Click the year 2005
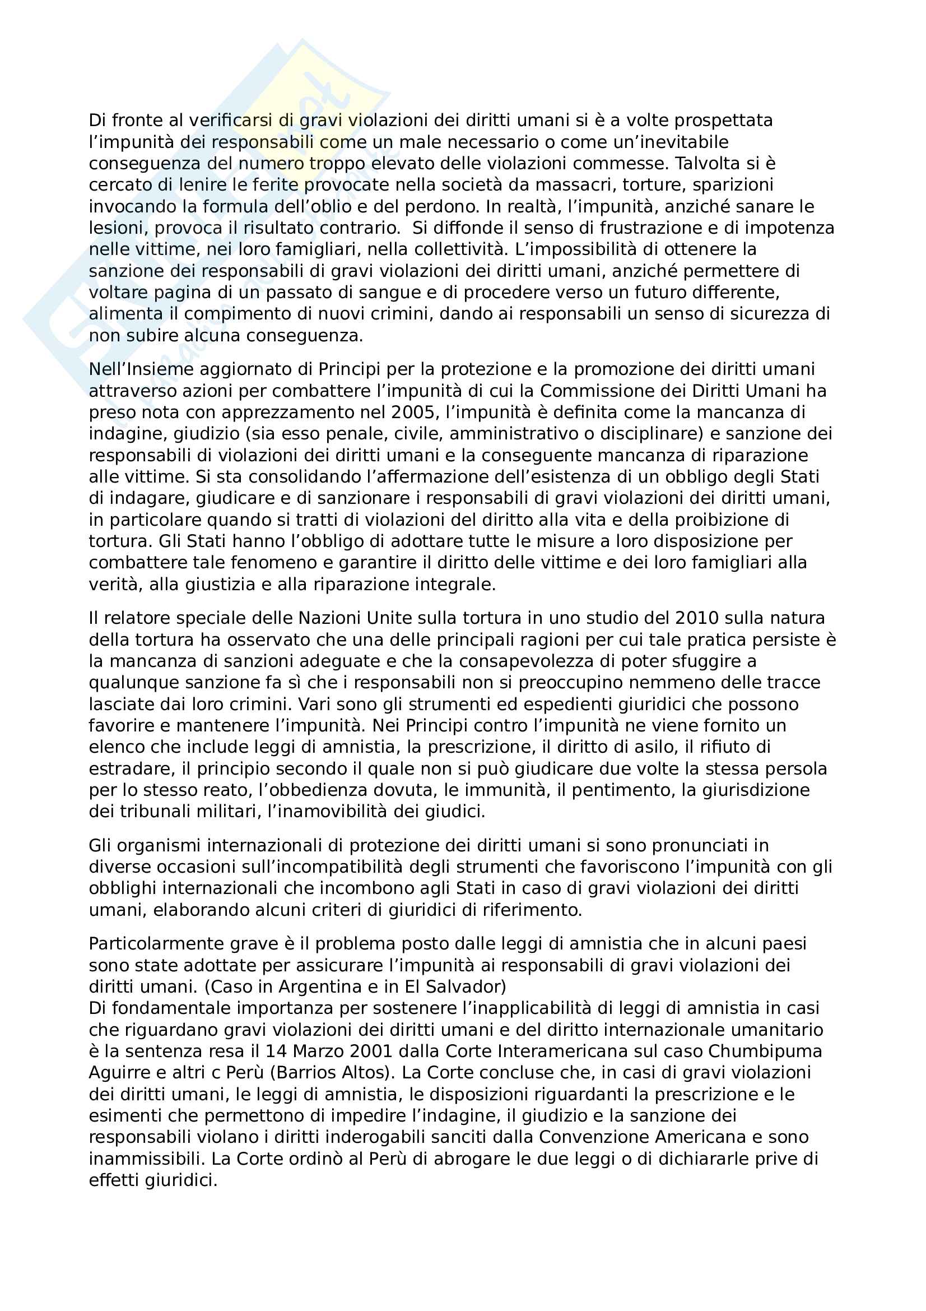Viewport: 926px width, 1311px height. coord(415,412)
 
